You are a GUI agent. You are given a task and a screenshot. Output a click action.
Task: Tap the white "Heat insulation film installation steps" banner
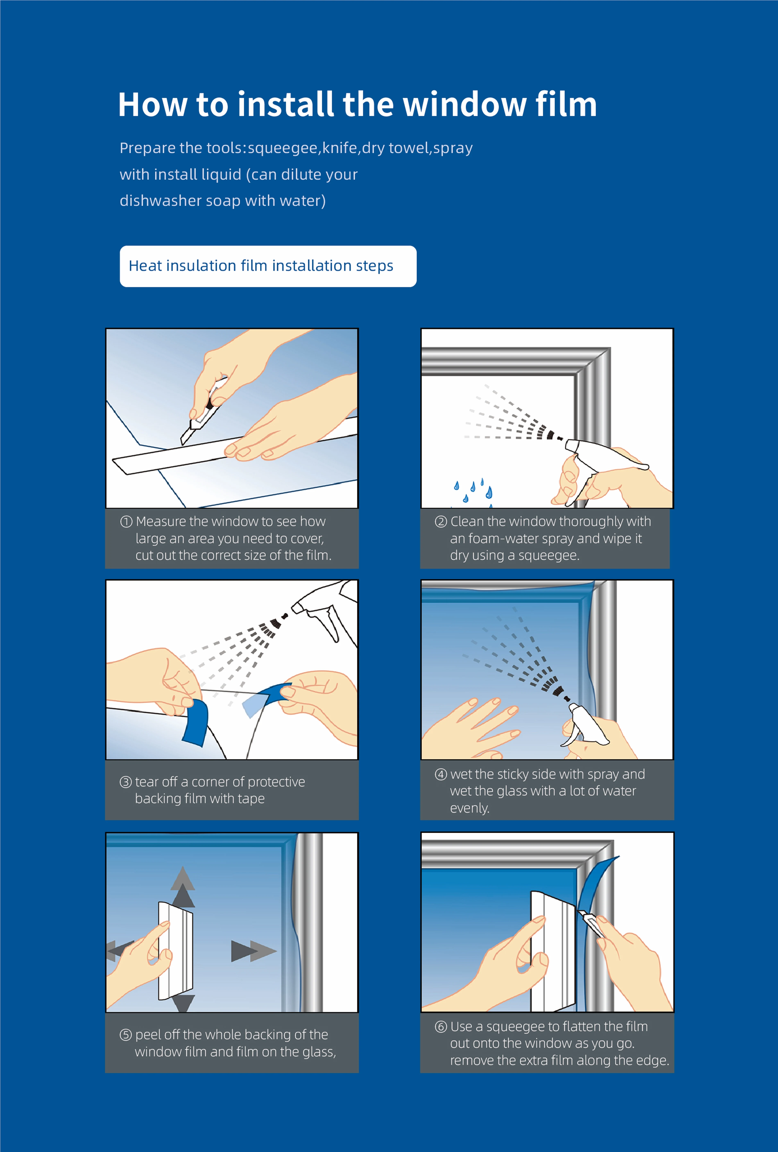[x=268, y=266]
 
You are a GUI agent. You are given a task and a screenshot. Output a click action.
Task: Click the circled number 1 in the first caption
[x=126, y=521]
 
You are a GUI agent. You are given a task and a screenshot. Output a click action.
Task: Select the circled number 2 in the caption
[x=441, y=521]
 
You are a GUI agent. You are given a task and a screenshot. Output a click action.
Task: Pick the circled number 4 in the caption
[x=441, y=774]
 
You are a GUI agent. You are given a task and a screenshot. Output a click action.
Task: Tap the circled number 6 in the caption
[x=441, y=1027]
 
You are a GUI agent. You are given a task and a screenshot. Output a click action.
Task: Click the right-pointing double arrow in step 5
[x=253, y=951]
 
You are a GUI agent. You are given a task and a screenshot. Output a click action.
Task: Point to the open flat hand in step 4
[x=476, y=729]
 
